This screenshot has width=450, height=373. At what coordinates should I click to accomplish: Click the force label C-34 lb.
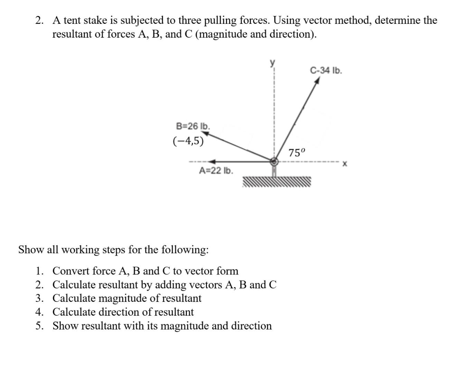(x=326, y=71)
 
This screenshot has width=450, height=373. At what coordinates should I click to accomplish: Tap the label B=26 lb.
(x=193, y=126)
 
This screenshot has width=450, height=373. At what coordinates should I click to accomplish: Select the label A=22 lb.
(x=216, y=171)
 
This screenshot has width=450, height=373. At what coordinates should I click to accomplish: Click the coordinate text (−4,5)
(x=188, y=141)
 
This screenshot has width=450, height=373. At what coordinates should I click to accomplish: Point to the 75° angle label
(x=297, y=152)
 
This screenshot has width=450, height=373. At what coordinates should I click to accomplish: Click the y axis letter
(x=273, y=62)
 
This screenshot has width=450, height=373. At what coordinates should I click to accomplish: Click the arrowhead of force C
(x=317, y=80)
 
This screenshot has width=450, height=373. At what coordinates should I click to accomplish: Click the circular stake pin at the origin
(x=274, y=161)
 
